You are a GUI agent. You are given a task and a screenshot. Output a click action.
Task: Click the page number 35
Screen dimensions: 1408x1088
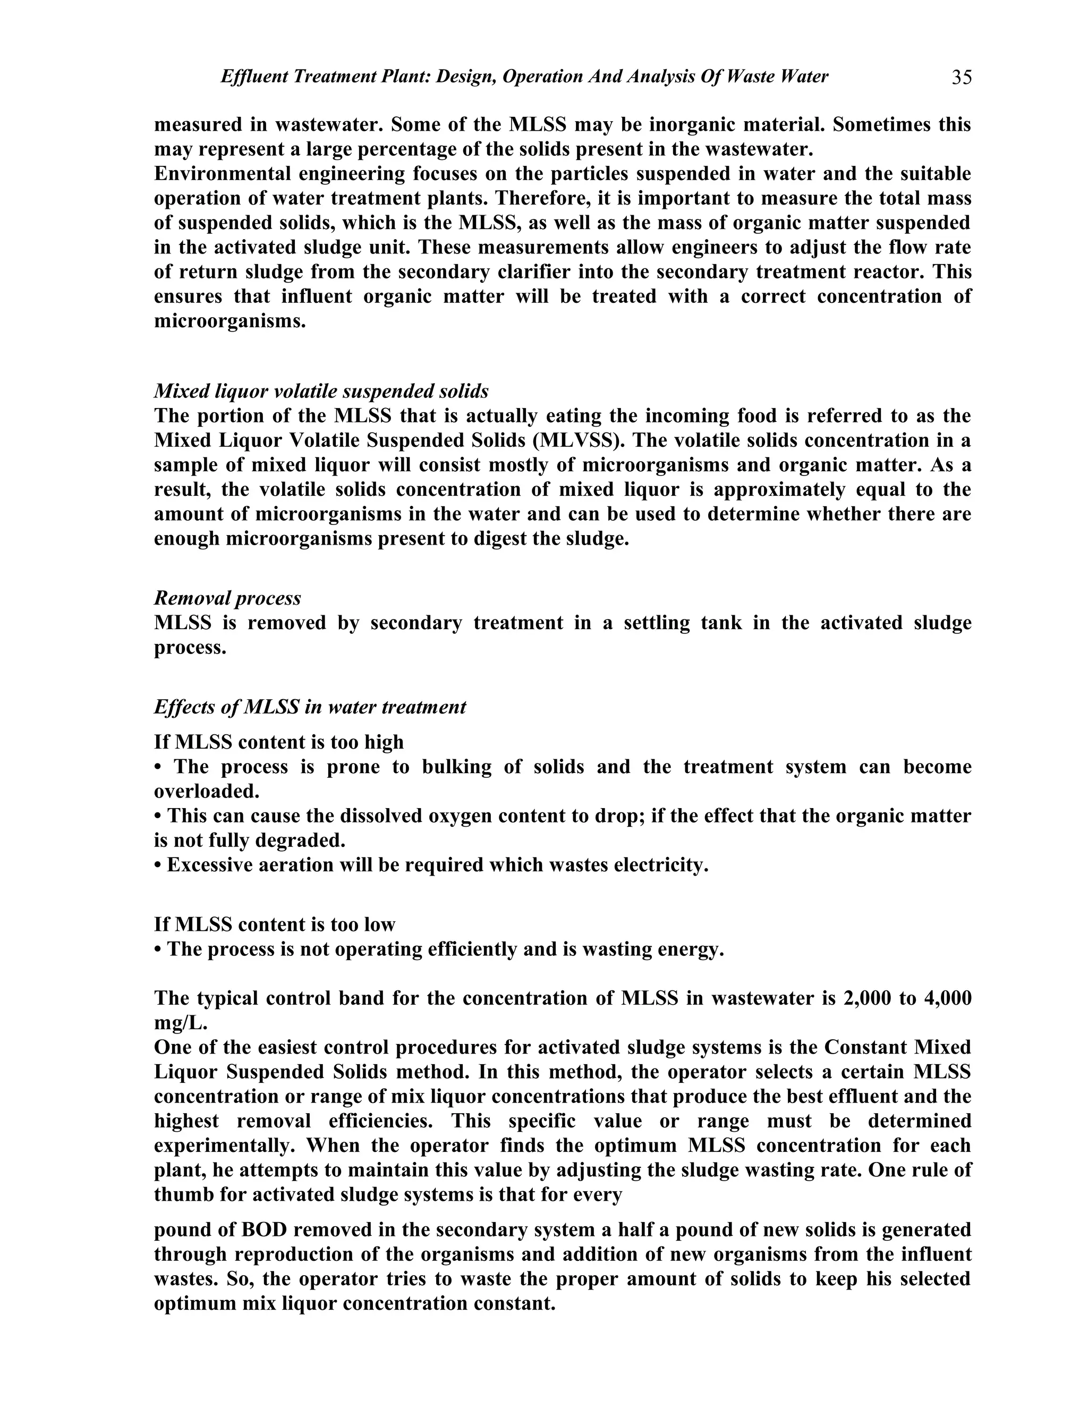(961, 78)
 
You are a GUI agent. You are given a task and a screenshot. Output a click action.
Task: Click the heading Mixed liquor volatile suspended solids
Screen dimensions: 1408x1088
(321, 392)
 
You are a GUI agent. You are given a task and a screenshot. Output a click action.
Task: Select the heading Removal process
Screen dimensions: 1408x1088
(227, 598)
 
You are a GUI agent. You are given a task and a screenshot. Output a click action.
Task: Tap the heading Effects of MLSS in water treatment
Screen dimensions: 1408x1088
(309, 707)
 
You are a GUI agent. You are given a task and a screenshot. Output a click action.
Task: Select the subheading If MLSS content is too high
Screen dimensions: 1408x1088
(278, 742)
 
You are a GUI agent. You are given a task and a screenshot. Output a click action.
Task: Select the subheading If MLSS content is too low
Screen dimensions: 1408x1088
(275, 924)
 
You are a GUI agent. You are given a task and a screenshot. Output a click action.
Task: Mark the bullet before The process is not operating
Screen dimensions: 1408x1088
(158, 949)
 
